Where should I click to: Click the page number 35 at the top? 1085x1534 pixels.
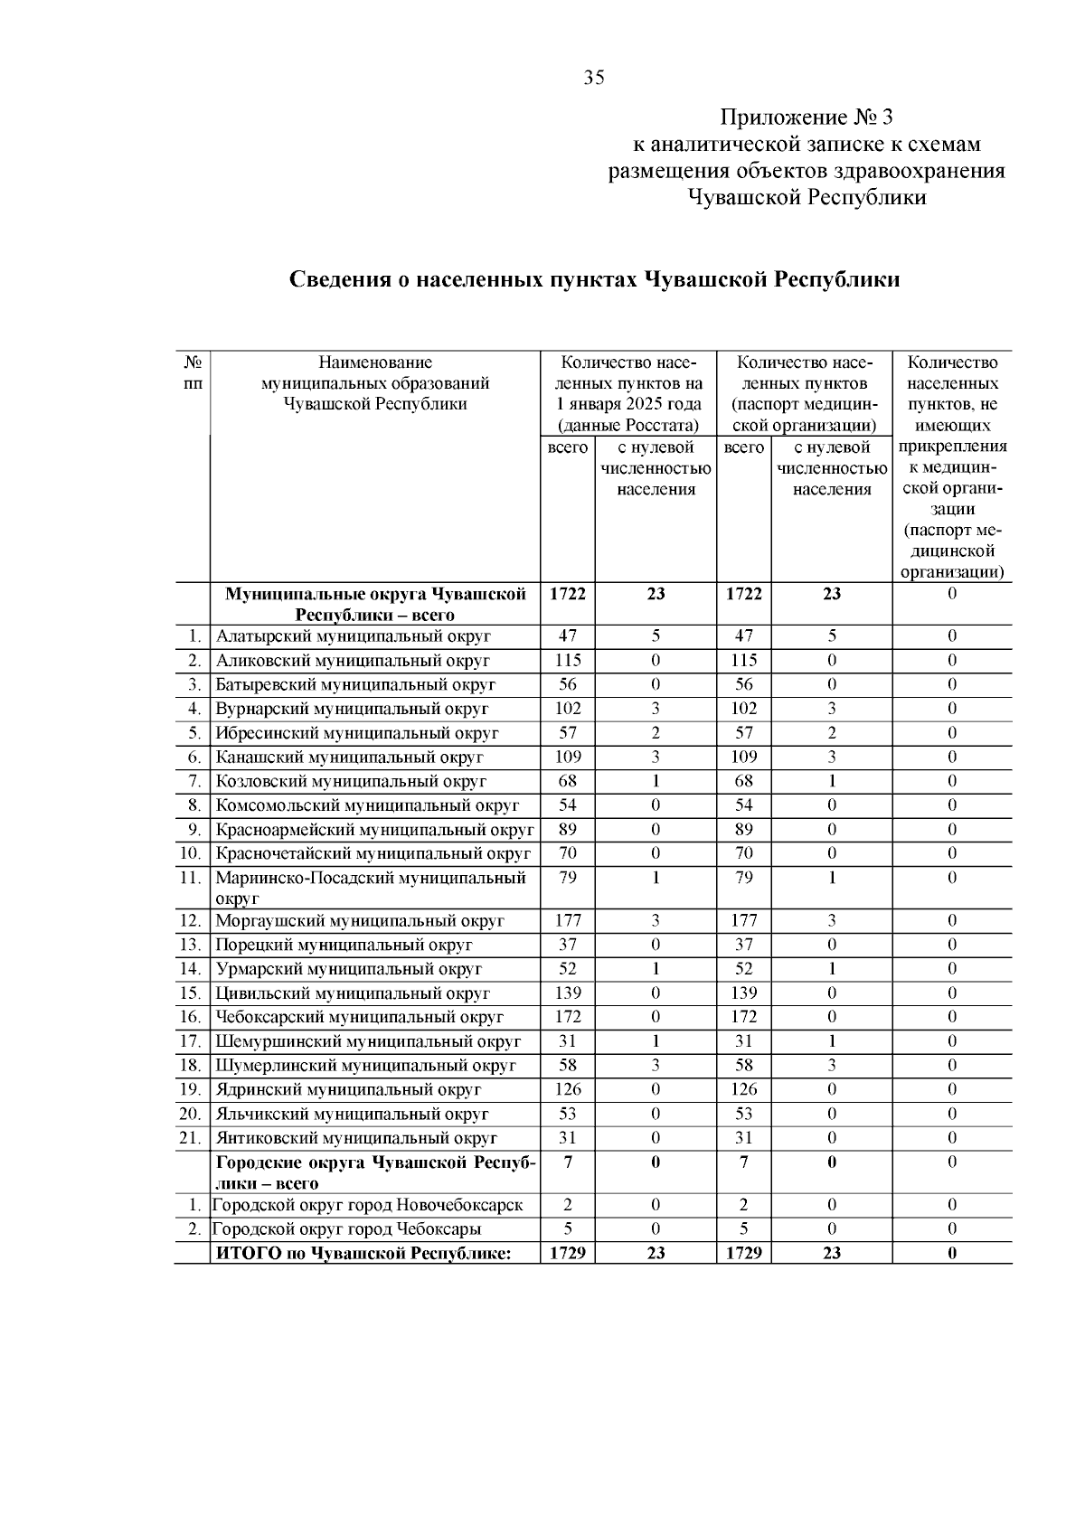tap(594, 78)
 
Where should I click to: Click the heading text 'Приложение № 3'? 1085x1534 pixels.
tap(806, 118)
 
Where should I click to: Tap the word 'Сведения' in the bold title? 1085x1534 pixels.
tap(339, 279)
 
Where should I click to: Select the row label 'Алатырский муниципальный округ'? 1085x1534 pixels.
tap(352, 636)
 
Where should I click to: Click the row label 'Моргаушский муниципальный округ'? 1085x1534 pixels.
tap(359, 921)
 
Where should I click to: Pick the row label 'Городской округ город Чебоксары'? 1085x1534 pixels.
tap(346, 1229)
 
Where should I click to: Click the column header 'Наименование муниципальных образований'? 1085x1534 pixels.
tap(375, 383)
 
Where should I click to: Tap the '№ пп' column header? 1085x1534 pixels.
tap(193, 372)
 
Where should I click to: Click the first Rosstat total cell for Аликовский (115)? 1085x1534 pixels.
tap(568, 661)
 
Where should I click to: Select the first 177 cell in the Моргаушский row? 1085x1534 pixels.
tap(568, 921)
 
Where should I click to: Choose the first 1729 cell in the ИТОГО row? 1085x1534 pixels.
tap(568, 1254)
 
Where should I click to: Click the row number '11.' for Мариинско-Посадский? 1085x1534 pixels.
tap(190, 878)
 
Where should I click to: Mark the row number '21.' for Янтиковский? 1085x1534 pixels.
tap(190, 1139)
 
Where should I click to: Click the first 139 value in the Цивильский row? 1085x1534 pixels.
tap(568, 993)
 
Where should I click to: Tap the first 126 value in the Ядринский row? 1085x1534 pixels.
tap(568, 1090)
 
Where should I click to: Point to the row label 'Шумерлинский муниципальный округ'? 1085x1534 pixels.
tap(365, 1066)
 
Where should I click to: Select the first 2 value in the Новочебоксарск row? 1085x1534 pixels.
tap(568, 1205)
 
